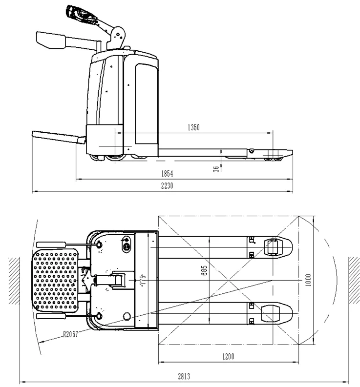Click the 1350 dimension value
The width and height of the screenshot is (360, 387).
(194, 127)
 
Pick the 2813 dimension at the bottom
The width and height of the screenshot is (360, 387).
(183, 376)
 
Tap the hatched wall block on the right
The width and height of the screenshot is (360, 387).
(354, 281)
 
